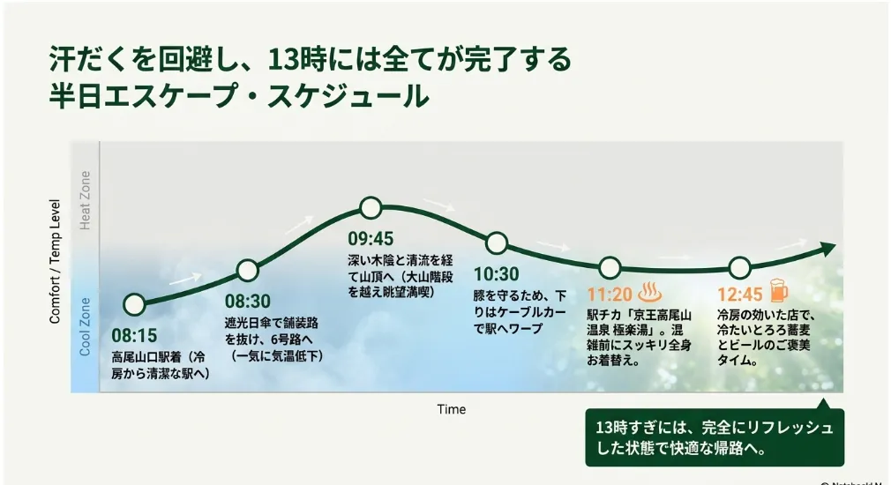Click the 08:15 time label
click(x=134, y=336)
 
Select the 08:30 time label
click(x=248, y=301)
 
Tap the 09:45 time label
click(x=371, y=238)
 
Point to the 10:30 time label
click(x=497, y=274)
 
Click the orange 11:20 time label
click(x=610, y=295)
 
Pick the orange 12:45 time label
click(x=740, y=295)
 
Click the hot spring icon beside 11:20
click(x=650, y=291)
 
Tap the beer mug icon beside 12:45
click(x=778, y=290)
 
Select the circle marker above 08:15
click(x=134, y=304)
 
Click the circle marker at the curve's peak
click(x=371, y=208)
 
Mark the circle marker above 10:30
click(x=497, y=243)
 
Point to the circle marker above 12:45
click(x=740, y=267)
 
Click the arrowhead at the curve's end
click(x=828, y=248)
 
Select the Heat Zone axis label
click(x=85, y=200)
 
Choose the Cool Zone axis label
click(x=85, y=326)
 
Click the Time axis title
click(x=451, y=409)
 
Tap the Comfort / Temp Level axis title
click(x=55, y=261)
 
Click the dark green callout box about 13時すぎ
click(x=715, y=436)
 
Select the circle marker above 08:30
click(x=248, y=271)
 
